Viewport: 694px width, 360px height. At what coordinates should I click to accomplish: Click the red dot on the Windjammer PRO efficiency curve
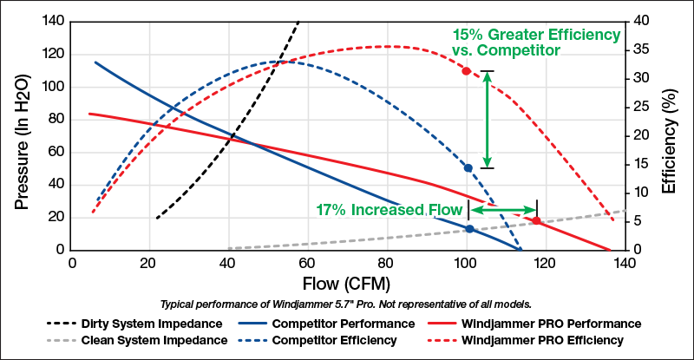[x=467, y=71]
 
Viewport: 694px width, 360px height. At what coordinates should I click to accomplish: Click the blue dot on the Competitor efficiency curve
[x=468, y=168]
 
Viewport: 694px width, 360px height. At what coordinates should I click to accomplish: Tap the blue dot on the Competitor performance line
[x=469, y=229]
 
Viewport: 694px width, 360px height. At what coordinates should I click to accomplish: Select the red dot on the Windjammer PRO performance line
[x=536, y=221]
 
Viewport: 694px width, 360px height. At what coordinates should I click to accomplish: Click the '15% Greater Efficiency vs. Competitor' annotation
[x=536, y=43]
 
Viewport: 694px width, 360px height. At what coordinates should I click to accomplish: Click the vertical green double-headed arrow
[x=488, y=120]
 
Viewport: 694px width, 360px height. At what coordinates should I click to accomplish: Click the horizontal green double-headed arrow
[x=502, y=210]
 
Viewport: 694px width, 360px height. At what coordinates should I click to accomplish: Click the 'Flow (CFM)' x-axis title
[x=346, y=284]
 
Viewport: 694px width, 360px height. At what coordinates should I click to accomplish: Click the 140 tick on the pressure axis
[x=54, y=22]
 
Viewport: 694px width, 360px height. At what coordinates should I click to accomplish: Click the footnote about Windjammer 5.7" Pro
[x=346, y=304]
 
